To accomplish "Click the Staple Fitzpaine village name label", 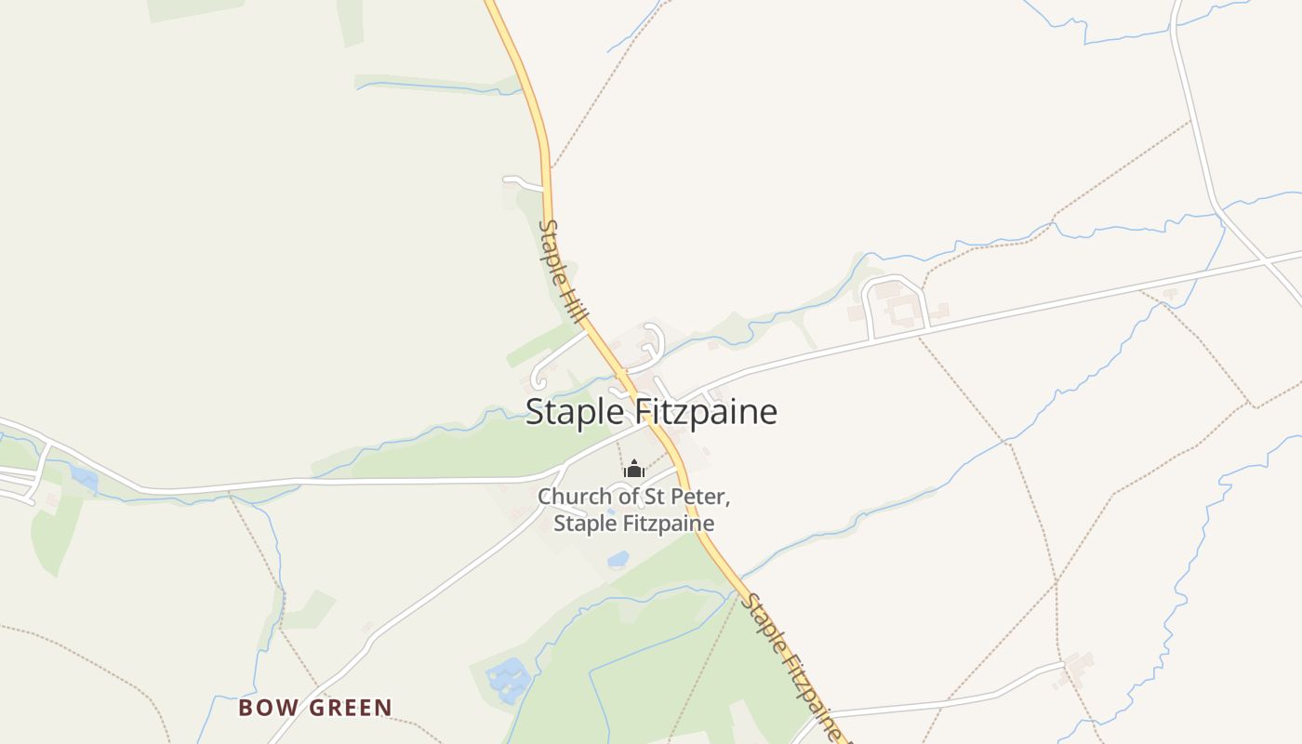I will point(651,411).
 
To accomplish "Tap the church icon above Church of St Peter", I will point(634,469).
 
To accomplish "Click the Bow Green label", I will point(315,708).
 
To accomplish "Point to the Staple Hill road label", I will point(563,272).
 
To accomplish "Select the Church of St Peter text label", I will point(634,510).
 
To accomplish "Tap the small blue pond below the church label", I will point(618,559).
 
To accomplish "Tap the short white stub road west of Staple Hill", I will point(523,180).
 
